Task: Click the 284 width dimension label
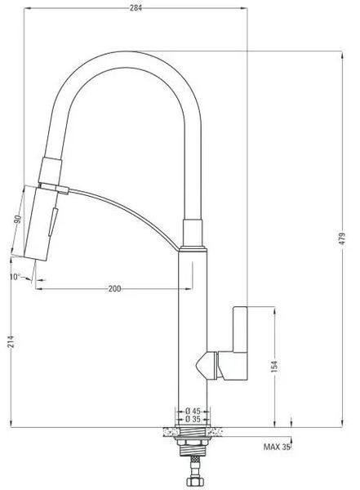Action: click(136, 8)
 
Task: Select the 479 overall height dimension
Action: click(343, 238)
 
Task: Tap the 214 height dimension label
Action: click(11, 342)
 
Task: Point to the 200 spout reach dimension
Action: click(114, 288)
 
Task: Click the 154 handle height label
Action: click(274, 366)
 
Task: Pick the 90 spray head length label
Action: click(19, 219)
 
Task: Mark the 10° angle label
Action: click(15, 277)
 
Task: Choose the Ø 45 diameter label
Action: click(193, 411)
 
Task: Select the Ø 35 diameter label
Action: click(193, 419)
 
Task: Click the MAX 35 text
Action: click(277, 447)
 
